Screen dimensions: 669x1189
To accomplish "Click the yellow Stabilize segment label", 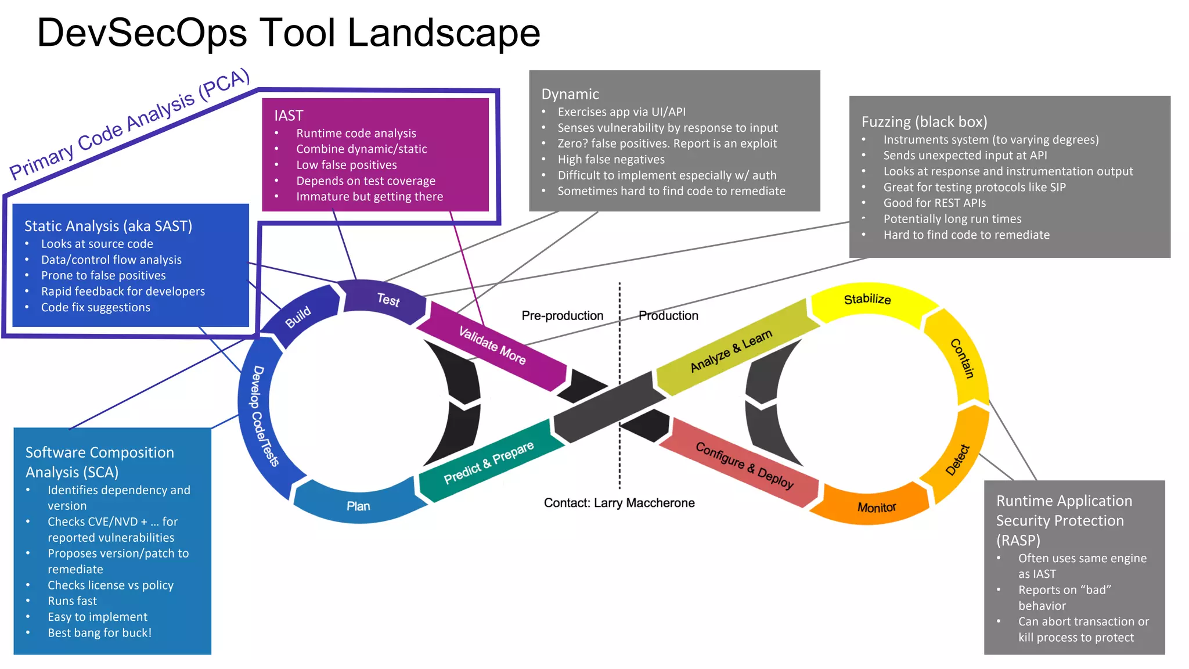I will coord(867,299).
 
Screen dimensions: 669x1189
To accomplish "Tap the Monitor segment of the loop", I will coord(876,508).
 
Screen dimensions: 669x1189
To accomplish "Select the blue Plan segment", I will coord(358,506).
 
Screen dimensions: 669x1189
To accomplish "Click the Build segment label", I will coord(298,317).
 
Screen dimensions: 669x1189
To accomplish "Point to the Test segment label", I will coord(388,300).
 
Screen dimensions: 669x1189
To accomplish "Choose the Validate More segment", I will coord(492,346).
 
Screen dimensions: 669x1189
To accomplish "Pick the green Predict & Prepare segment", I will coord(488,463).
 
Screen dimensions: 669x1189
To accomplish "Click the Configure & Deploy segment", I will coord(744,465).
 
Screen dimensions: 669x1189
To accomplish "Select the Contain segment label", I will coord(962,358).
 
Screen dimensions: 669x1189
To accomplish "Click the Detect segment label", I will coord(957,460).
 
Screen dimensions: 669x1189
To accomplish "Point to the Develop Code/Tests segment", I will coord(265,416).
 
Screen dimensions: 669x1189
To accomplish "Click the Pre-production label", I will coord(562,315).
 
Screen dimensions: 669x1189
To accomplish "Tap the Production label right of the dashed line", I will coord(668,315).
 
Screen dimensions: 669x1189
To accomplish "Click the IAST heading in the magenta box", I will coord(289,116).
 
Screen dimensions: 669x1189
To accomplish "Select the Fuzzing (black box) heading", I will coord(924,122).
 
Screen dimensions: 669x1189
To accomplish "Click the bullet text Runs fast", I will coord(72,601).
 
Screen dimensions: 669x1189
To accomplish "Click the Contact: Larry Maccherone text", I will coord(619,503).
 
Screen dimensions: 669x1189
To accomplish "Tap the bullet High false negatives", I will coord(611,159).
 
